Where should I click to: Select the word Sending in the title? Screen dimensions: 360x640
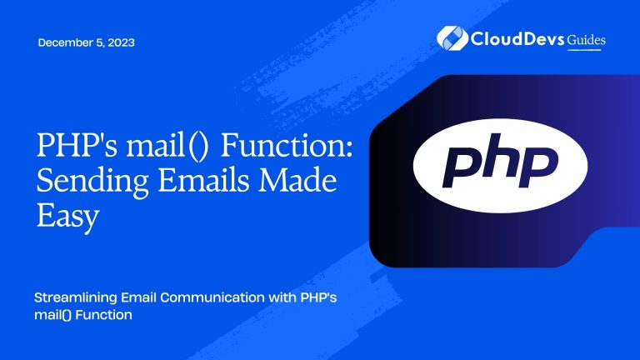click(87, 185)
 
